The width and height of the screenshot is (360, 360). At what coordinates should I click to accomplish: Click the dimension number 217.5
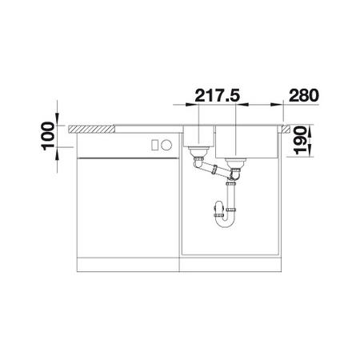[x=218, y=95]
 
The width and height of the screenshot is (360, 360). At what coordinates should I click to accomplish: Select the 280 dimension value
[x=304, y=95]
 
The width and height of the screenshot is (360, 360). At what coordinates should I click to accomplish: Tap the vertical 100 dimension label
[x=48, y=136]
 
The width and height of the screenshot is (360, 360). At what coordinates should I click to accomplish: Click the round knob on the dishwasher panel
[x=166, y=145]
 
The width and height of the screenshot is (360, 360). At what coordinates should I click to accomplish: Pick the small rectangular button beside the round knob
[x=154, y=145]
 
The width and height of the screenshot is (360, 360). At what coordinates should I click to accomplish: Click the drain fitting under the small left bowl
[x=198, y=152]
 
